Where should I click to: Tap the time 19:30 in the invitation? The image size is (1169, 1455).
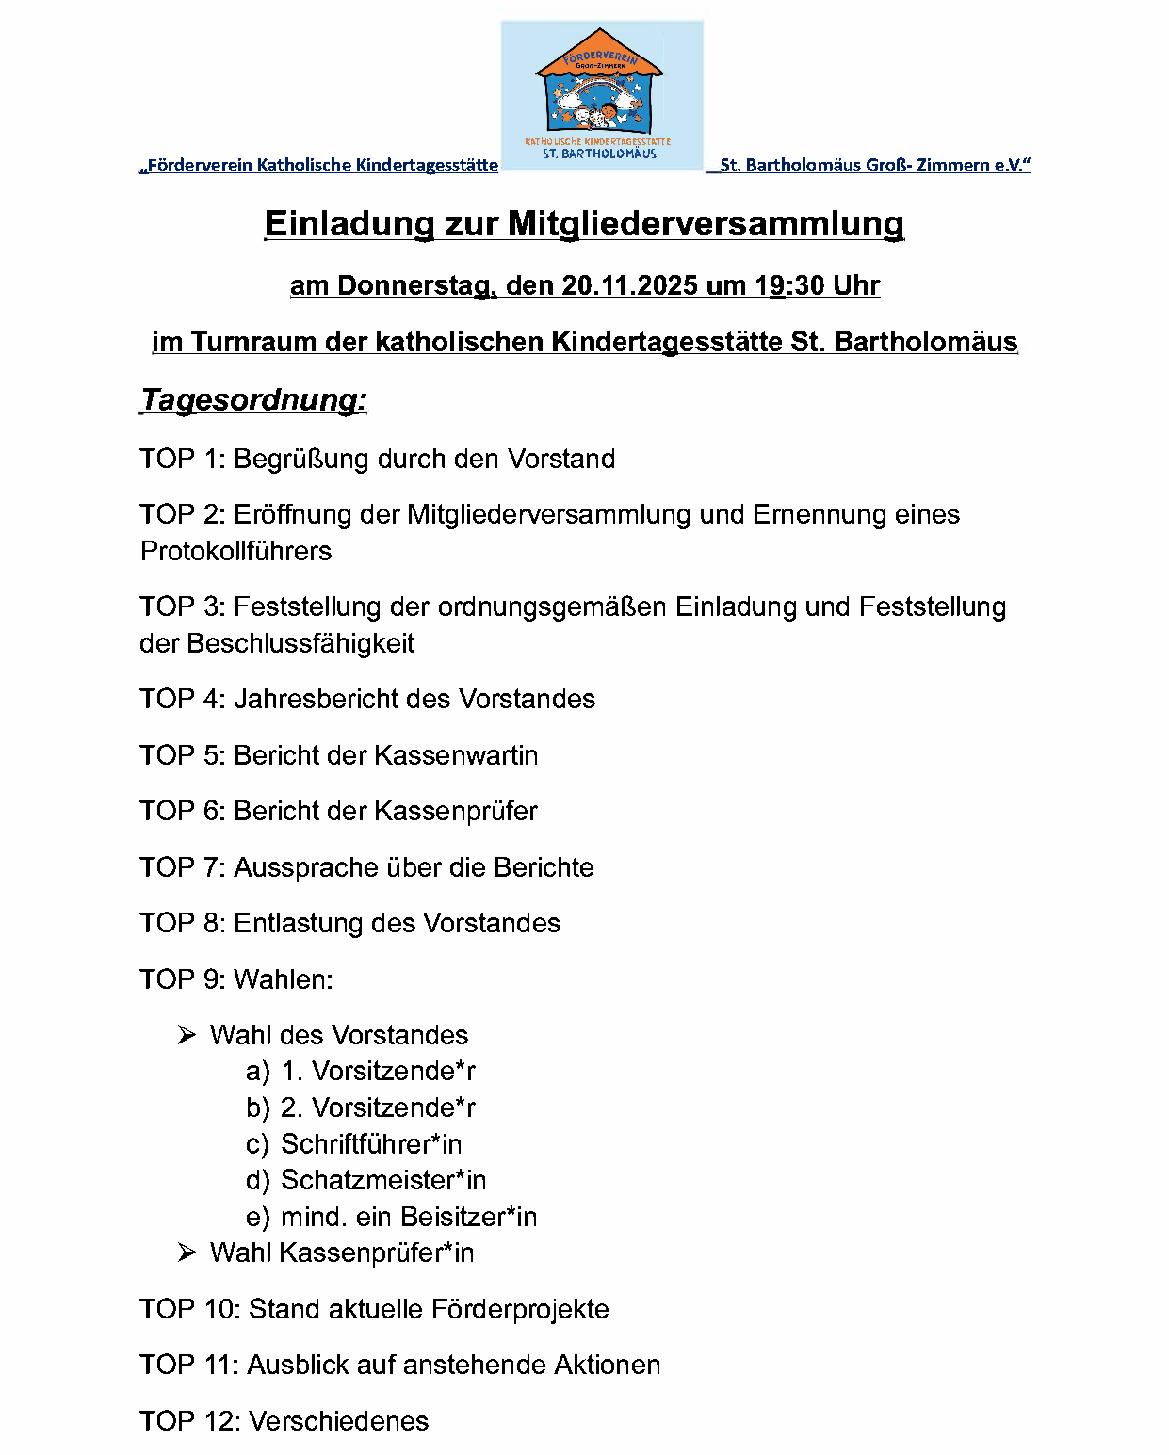[x=780, y=285]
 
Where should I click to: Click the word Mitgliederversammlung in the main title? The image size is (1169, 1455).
[x=706, y=224]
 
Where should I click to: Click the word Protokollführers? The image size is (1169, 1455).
[x=235, y=551]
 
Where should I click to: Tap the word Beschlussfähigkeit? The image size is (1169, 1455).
[x=300, y=643]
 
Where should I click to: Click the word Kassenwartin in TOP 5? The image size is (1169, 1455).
[x=456, y=755]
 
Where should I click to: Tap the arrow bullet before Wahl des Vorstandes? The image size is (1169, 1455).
[x=187, y=1036]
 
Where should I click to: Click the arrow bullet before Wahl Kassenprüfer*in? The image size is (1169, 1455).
[x=187, y=1253]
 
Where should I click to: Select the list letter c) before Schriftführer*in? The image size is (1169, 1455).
[x=257, y=1145]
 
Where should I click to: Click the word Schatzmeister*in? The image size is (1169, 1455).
[x=383, y=1180]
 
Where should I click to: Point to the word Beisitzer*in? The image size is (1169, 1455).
[x=468, y=1217]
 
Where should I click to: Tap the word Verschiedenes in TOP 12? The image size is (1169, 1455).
[x=338, y=1421]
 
